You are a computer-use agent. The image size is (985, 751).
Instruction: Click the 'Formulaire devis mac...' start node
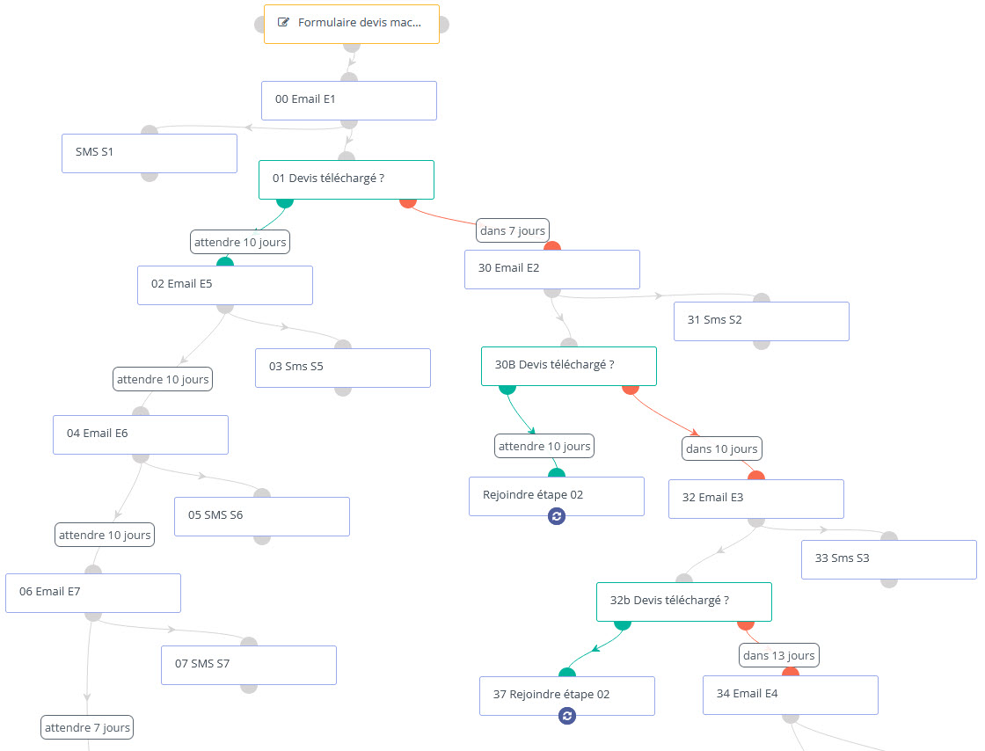point(351,24)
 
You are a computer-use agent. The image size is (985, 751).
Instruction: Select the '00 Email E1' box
point(348,100)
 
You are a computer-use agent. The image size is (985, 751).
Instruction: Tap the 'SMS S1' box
point(149,153)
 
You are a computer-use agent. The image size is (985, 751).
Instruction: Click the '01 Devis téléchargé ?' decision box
point(347,179)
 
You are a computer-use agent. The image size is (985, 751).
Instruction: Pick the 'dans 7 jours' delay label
point(513,230)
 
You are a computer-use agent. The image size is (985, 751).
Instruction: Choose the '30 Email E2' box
point(552,269)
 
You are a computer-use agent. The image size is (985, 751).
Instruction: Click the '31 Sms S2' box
point(762,322)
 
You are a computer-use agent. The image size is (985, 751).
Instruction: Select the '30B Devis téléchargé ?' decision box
point(568,366)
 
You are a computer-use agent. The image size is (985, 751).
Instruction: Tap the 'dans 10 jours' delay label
point(722,448)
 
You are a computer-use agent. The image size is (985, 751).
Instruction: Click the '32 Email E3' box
point(756,499)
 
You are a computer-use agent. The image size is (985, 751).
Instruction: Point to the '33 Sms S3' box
point(889,559)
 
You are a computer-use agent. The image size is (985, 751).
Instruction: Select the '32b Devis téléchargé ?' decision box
point(684,602)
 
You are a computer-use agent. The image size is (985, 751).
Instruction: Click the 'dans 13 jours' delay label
point(779,655)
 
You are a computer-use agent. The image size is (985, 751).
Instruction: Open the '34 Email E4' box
point(791,695)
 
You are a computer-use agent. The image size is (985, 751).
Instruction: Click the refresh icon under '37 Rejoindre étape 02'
point(567,715)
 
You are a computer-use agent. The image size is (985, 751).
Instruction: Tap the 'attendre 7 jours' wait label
point(87,727)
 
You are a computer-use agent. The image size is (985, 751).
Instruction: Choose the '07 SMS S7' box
point(249,665)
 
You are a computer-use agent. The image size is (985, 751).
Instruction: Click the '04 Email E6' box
point(141,434)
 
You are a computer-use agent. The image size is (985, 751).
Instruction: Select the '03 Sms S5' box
point(343,368)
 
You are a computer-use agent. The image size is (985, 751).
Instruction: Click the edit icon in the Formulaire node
point(283,22)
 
